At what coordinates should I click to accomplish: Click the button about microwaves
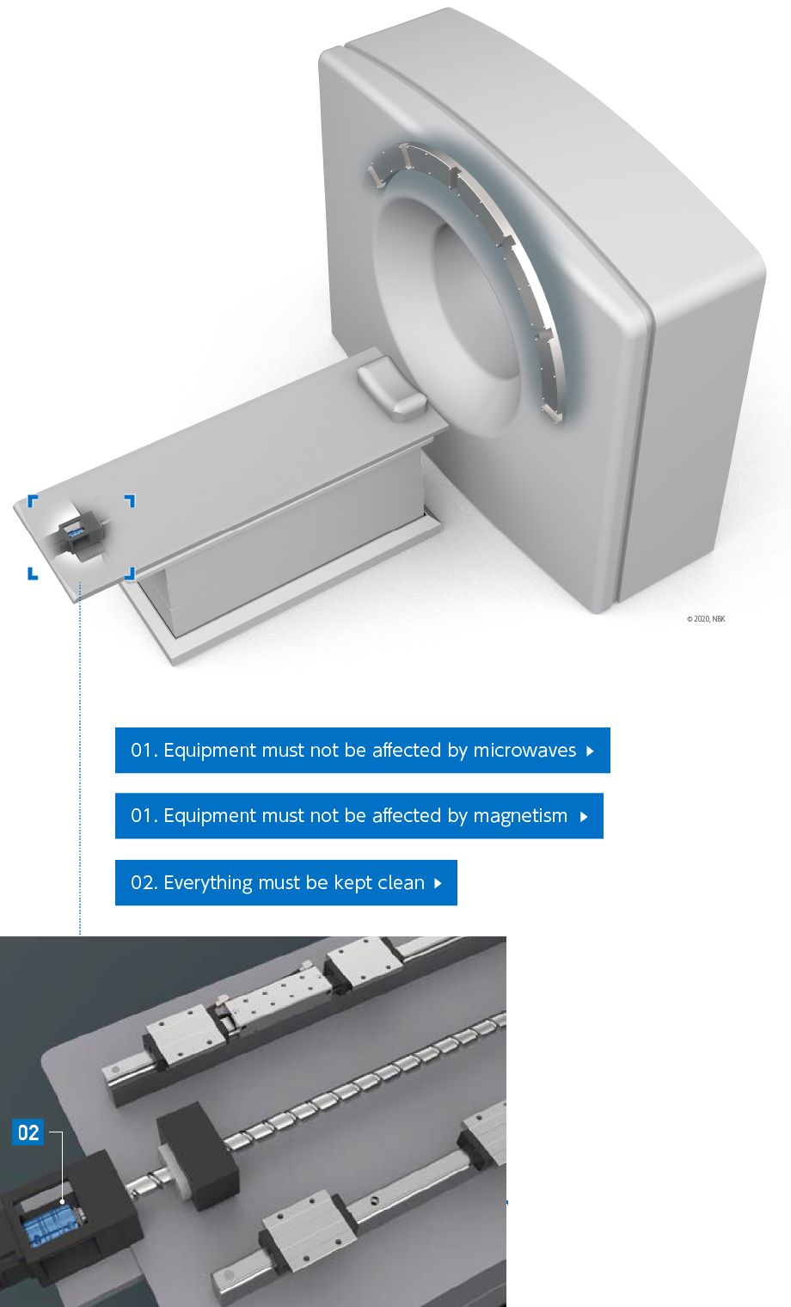click(x=362, y=750)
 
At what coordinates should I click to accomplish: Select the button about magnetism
click(x=359, y=816)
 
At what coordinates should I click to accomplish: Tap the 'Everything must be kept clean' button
click(x=285, y=882)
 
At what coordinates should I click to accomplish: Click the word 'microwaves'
click(x=524, y=750)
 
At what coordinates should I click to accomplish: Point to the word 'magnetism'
click(x=520, y=816)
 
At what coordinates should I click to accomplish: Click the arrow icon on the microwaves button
click(x=591, y=751)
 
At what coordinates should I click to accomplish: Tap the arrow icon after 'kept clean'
click(x=438, y=883)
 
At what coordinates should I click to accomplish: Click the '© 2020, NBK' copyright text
click(x=706, y=618)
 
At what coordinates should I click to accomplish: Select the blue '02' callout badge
click(x=28, y=1132)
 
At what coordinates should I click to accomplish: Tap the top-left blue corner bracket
click(x=33, y=500)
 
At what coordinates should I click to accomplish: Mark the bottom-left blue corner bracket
click(x=33, y=574)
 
